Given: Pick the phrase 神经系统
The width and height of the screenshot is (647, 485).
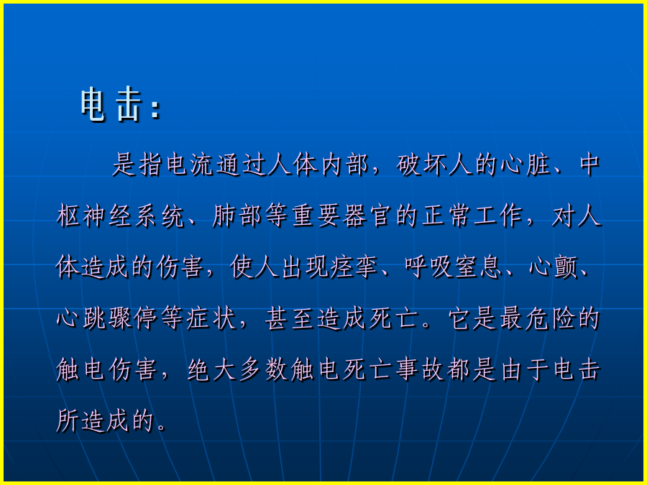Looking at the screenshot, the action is click(134, 216).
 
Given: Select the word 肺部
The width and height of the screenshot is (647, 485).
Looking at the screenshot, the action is click(237, 216).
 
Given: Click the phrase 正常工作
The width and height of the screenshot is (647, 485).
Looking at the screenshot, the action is click(472, 216).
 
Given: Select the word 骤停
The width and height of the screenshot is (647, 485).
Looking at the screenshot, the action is click(134, 319).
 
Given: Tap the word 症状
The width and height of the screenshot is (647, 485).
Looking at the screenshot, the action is click(211, 319).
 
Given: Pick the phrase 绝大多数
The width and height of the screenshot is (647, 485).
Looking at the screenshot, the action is click(238, 370).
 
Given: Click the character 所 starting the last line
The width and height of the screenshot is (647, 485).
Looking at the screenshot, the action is click(68, 421).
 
